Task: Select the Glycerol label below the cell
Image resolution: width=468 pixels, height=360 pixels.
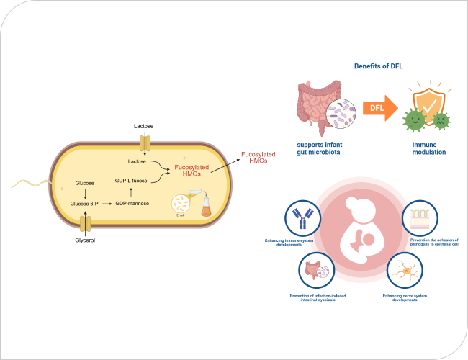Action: (85, 240)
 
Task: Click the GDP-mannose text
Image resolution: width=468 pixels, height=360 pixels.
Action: (131, 204)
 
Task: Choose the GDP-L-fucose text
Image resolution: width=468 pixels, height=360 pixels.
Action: (131, 180)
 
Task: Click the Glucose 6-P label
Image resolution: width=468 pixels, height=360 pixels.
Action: (84, 204)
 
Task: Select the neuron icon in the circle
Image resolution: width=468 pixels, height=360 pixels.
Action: (404, 272)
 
